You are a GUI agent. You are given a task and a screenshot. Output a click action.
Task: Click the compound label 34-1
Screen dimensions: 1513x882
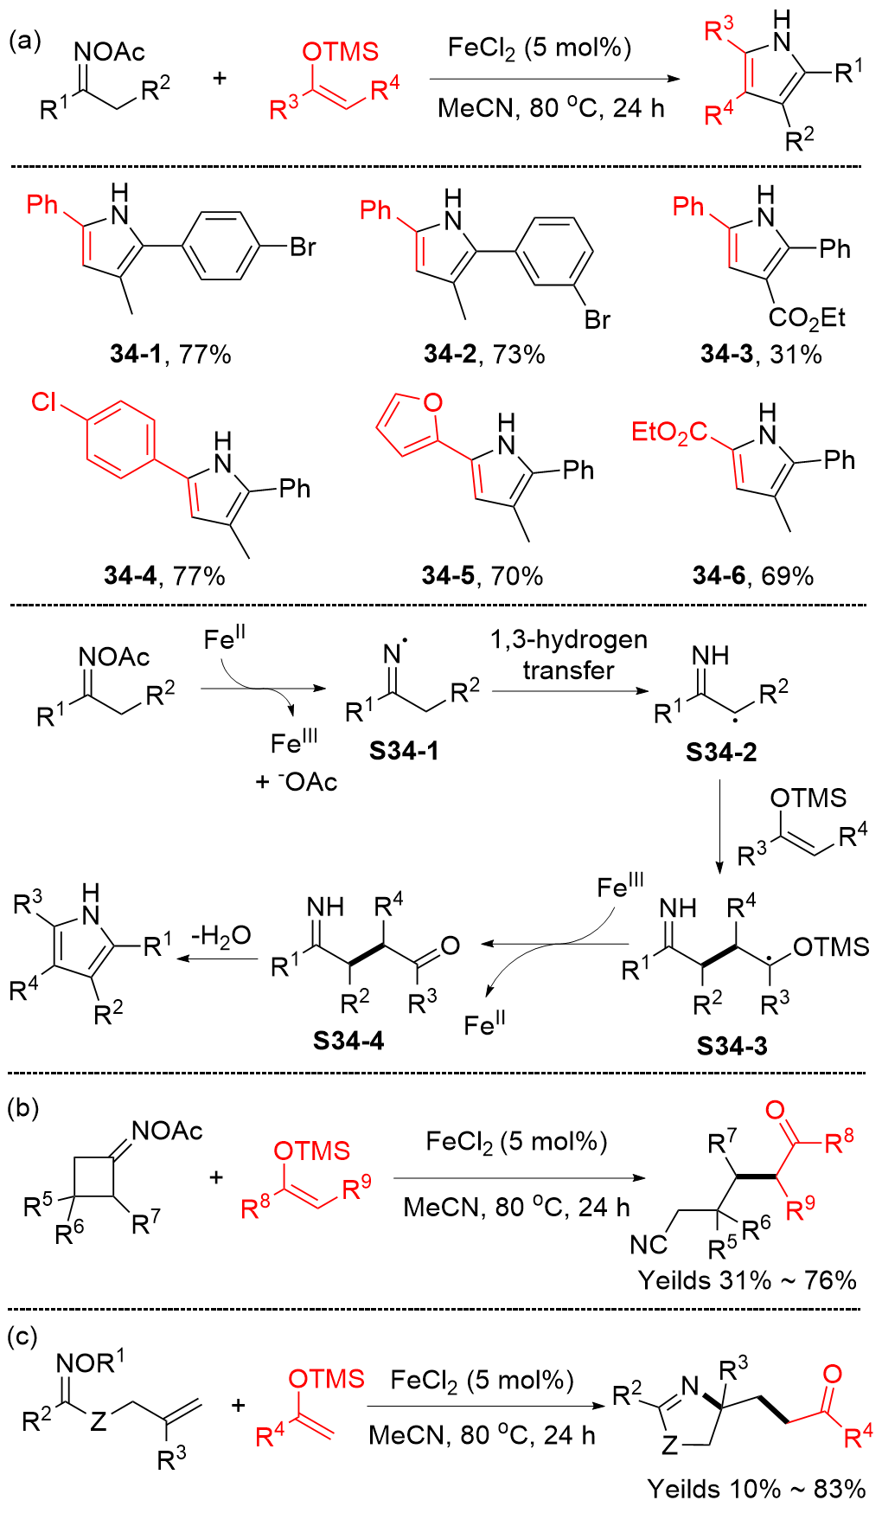[x=136, y=354]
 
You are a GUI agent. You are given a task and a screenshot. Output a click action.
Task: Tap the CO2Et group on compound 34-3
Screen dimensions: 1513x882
[x=807, y=317]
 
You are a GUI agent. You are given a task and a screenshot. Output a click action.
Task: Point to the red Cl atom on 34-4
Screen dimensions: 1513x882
[x=44, y=402]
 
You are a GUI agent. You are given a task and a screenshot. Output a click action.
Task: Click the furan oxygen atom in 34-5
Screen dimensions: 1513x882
[x=432, y=402]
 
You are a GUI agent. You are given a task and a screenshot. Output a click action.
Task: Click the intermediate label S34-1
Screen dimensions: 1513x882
[x=404, y=750]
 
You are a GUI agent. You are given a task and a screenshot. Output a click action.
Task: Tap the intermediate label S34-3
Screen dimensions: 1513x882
[x=732, y=1046]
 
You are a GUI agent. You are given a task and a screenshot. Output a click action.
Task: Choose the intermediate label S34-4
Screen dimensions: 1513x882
[x=348, y=1041]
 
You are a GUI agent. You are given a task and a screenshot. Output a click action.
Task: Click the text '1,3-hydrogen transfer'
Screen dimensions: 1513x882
[x=568, y=655]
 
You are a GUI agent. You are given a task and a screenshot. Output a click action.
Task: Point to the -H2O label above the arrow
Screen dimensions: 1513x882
[x=220, y=935]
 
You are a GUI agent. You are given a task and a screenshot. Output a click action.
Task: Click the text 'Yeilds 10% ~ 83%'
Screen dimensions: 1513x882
[x=757, y=1488]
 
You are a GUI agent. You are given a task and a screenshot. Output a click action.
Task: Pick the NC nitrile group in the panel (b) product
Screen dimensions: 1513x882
[x=649, y=1244]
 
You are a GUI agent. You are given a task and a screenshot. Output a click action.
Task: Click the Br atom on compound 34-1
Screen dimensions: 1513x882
[x=303, y=247]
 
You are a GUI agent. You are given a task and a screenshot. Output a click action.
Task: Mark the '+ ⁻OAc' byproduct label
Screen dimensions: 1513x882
[x=297, y=782]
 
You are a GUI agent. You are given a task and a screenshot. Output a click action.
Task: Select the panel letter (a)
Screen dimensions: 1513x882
[x=24, y=41]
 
